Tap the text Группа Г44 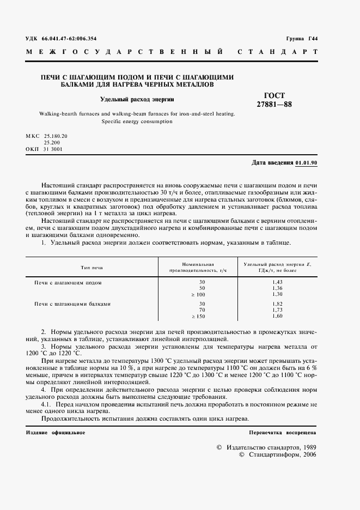click(302, 38)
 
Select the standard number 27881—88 click(274, 105)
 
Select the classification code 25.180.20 click(56, 135)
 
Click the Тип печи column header click(91, 268)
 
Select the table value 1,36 click(277, 288)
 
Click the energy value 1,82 click(277, 304)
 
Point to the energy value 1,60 click(277, 316)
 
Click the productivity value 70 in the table click(202, 310)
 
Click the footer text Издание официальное click(56, 432)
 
